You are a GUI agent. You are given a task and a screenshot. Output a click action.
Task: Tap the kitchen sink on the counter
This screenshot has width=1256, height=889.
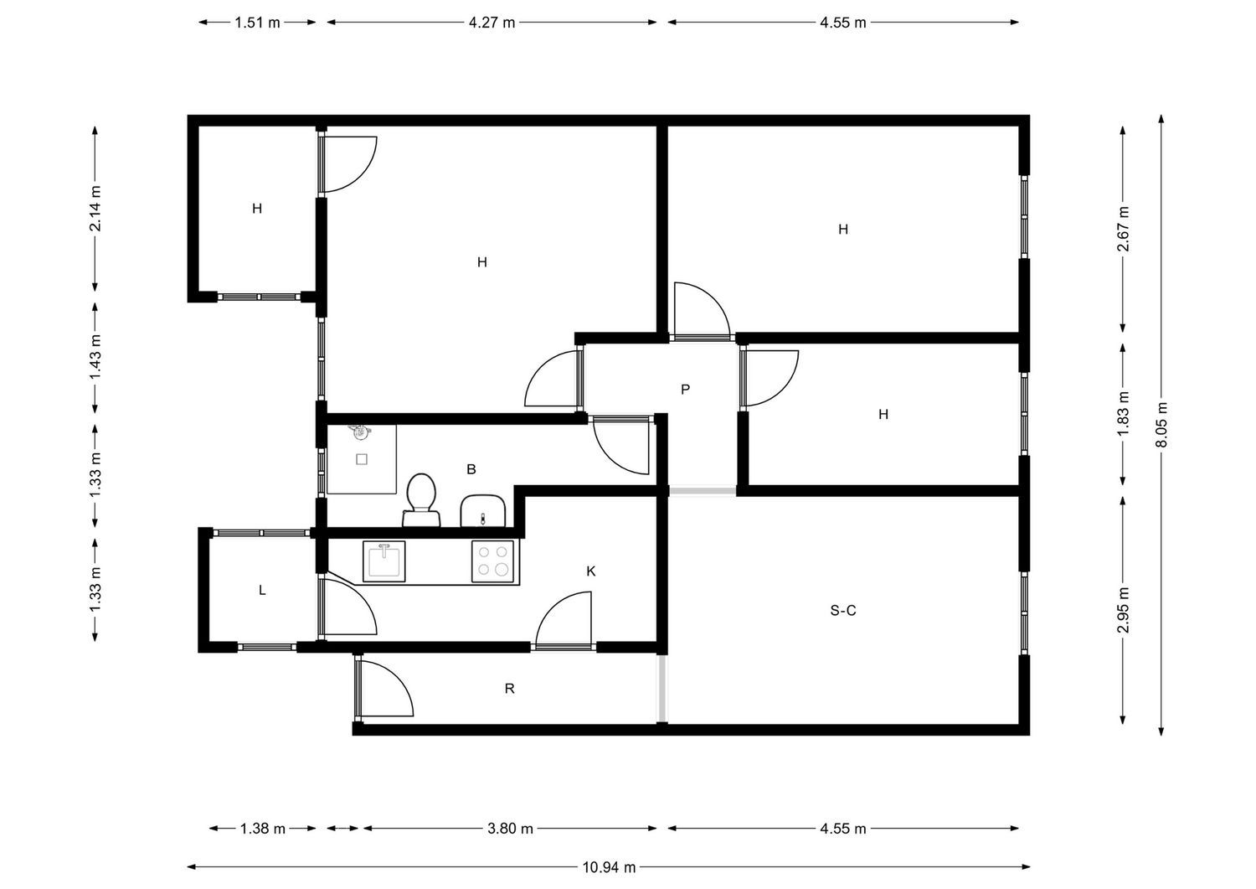384,561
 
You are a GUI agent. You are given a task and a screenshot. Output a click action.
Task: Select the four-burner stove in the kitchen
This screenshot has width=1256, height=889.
492,561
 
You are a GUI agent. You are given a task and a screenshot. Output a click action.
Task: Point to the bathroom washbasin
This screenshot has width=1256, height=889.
483,511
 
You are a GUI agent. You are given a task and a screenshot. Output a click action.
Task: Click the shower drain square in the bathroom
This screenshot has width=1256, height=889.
362,460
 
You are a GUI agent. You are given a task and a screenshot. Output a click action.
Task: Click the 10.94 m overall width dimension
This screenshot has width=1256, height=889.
609,867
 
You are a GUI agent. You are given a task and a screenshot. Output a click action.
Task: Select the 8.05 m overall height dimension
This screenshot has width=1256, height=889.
1161,425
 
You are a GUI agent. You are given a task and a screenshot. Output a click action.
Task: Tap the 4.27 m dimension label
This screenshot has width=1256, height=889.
492,23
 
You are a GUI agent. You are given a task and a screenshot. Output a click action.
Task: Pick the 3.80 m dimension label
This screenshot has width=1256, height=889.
510,829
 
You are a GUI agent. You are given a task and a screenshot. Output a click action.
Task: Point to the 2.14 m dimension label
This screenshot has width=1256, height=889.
96,209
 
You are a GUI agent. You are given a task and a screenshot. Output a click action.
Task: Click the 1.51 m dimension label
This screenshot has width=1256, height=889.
257,23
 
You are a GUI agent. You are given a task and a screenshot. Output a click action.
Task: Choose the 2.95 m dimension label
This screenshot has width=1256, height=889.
1123,609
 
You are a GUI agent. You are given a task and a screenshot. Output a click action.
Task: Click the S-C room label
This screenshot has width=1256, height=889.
842,610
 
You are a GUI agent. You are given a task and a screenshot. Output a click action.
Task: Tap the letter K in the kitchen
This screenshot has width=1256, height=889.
590,571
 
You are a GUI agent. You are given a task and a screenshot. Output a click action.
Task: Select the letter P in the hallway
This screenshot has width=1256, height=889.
685,389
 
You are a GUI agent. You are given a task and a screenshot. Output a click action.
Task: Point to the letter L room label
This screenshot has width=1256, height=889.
262,590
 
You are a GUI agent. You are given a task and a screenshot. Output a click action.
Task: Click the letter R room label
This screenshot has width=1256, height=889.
509,688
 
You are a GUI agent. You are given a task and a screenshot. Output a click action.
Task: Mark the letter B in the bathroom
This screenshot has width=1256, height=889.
471,468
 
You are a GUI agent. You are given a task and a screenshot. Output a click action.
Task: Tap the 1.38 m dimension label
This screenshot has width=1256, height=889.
263,829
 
